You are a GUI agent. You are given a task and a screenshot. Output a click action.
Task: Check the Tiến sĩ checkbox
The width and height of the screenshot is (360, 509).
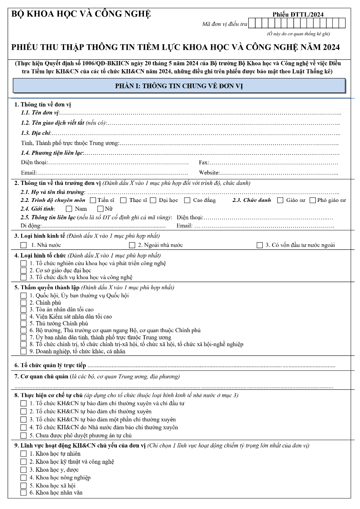[93, 200]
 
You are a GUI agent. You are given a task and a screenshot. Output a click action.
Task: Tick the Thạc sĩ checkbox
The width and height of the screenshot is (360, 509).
[124, 200]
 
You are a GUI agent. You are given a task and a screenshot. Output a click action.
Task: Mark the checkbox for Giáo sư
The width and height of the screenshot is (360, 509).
[280, 200]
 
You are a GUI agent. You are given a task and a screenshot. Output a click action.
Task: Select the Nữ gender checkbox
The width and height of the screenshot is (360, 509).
[100, 209]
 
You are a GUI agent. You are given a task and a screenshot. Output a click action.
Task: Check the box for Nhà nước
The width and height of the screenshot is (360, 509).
[24, 245]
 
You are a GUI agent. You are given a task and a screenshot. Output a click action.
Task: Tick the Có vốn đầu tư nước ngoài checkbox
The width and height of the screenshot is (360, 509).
[260, 245]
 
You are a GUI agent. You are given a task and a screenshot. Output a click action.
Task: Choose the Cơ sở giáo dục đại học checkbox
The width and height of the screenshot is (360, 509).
[24, 270]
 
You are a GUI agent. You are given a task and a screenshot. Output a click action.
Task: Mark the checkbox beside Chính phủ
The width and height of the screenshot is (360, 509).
[24, 302]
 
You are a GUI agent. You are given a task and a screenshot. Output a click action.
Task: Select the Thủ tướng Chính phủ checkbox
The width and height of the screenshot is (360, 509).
[24, 323]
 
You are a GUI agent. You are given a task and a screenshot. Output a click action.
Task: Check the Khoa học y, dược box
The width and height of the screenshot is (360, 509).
[24, 470]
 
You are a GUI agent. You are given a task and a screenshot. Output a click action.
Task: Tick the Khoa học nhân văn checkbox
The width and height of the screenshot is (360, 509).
[24, 492]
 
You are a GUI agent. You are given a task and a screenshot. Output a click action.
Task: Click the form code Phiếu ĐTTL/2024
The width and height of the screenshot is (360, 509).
[298, 14]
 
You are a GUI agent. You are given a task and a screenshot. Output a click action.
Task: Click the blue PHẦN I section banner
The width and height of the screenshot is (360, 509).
[179, 86]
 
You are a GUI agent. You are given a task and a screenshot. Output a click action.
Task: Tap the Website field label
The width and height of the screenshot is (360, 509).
[209, 173]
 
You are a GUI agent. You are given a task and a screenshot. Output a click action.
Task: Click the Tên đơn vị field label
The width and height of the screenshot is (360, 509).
[40, 113]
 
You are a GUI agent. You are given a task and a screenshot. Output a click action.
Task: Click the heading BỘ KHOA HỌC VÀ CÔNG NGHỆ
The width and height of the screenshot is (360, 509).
[81, 14]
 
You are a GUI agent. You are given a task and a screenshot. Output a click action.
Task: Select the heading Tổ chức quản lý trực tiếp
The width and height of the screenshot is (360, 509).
[50, 365]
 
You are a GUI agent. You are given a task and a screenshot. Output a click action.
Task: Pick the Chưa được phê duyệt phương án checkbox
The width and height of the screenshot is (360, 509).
[24, 435]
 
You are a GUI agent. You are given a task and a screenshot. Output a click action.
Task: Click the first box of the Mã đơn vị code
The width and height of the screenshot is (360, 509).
[252, 23]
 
